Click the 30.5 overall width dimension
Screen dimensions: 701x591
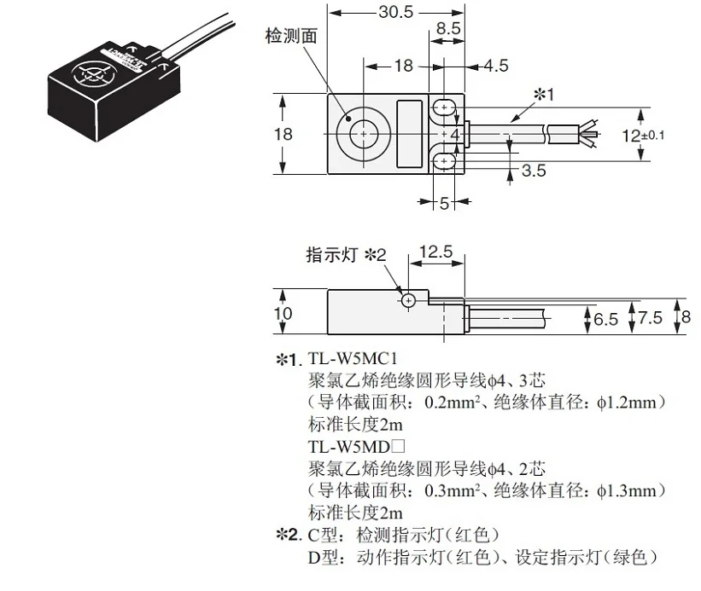(x=396, y=12)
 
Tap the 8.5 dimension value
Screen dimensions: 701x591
(x=448, y=28)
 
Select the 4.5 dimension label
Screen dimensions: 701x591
(x=496, y=66)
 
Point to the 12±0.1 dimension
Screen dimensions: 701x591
(x=643, y=135)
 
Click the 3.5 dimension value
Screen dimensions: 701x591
(x=534, y=171)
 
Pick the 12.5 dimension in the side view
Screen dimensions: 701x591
(x=436, y=252)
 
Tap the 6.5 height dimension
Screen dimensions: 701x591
(x=605, y=320)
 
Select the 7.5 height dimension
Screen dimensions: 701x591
(x=650, y=318)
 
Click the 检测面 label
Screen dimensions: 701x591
(x=291, y=36)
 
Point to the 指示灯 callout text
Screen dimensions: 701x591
(x=332, y=255)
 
